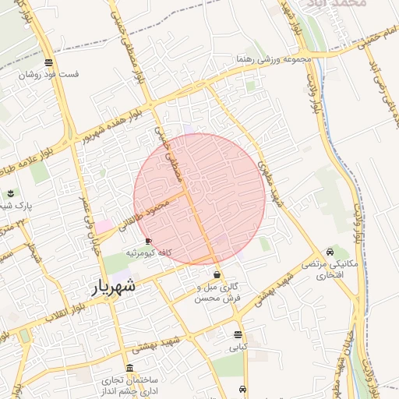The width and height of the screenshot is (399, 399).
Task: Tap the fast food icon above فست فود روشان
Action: click(49, 62)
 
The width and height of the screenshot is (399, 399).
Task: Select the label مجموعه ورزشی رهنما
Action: click(274, 59)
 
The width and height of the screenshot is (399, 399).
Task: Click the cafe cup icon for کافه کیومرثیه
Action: click(149, 242)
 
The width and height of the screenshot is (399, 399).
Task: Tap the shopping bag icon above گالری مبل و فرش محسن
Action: click(217, 275)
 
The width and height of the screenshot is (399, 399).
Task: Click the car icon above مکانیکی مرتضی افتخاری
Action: click(331, 252)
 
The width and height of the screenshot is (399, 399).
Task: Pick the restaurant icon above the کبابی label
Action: click(238, 334)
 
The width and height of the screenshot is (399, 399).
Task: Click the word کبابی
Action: click(237, 347)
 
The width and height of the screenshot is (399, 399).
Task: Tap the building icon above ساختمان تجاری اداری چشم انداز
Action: click(129, 368)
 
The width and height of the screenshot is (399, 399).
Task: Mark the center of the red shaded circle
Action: click(199, 199)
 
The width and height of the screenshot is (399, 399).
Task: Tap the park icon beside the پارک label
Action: click(11, 193)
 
